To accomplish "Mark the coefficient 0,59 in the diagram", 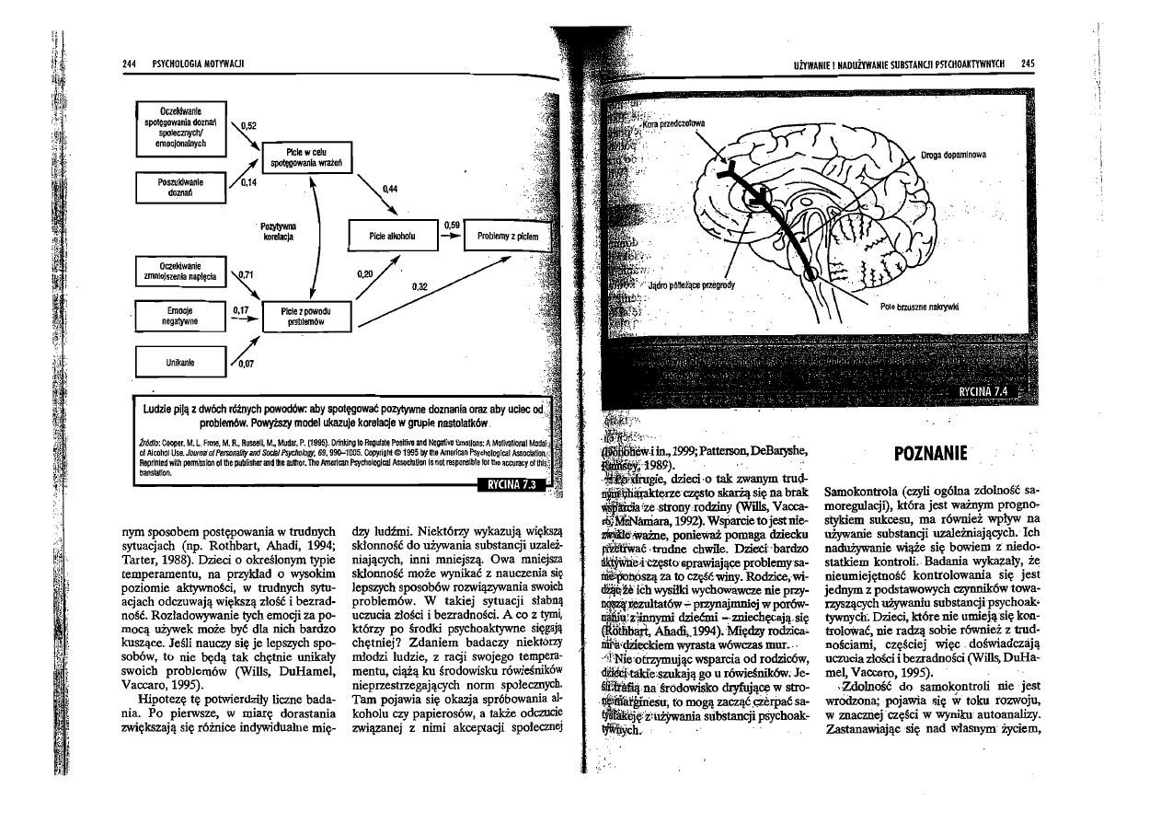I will click(451, 225).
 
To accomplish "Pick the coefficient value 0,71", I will click(245, 275).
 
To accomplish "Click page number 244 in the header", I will click(129, 63).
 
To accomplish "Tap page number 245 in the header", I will click(1028, 63).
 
